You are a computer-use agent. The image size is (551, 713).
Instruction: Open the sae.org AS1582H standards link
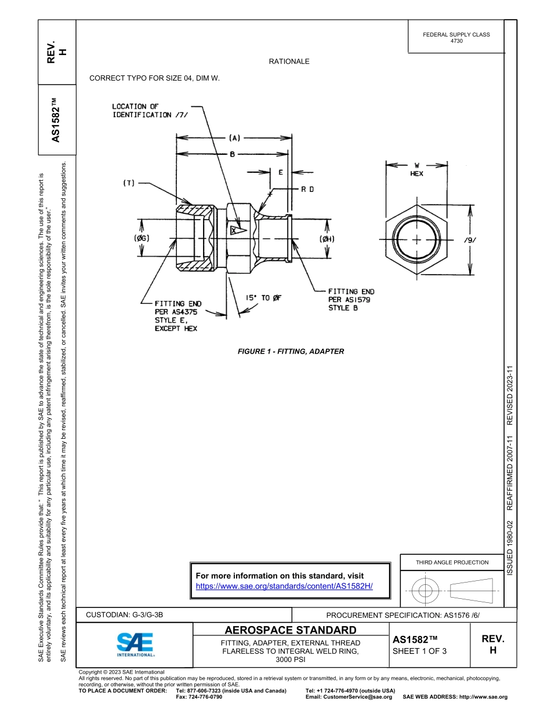(x=284, y=586)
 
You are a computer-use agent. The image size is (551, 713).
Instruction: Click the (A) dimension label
(x=234, y=138)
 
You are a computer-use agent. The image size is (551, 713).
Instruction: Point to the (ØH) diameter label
(x=327, y=239)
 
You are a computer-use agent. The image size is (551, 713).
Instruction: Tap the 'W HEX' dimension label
(x=416, y=169)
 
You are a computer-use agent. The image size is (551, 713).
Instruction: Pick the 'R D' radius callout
(x=307, y=189)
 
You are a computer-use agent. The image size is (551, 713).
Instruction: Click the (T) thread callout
(x=128, y=183)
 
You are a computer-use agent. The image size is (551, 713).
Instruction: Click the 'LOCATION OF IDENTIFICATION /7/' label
(x=141, y=111)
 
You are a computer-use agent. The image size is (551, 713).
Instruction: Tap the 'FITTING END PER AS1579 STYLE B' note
(x=350, y=300)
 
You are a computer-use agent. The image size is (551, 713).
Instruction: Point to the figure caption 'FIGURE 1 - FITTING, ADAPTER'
(x=291, y=351)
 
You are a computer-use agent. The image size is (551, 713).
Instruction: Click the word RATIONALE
(x=289, y=61)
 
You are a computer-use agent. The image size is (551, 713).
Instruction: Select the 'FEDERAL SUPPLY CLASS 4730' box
(x=456, y=38)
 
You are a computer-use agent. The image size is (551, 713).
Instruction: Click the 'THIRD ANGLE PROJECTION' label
(x=452, y=562)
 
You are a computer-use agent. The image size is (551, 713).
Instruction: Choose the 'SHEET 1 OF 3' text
(x=419, y=651)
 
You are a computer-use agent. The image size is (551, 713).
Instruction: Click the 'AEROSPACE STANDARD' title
(x=291, y=630)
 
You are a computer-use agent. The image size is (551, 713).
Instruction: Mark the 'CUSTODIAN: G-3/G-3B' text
(x=128, y=615)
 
